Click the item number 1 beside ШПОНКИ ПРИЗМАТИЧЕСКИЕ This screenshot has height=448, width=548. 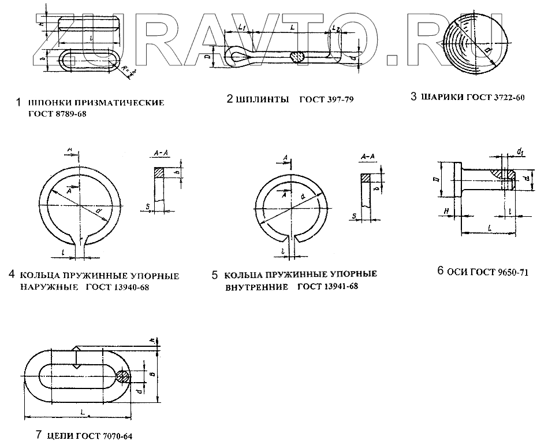coord(18,102)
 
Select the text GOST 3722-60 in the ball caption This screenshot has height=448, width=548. coord(497,97)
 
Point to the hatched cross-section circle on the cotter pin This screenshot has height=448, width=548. coord(299,57)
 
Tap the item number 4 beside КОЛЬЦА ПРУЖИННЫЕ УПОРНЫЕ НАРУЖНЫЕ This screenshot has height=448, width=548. coord(12,275)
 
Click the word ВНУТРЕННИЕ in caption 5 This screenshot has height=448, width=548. coord(256,286)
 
